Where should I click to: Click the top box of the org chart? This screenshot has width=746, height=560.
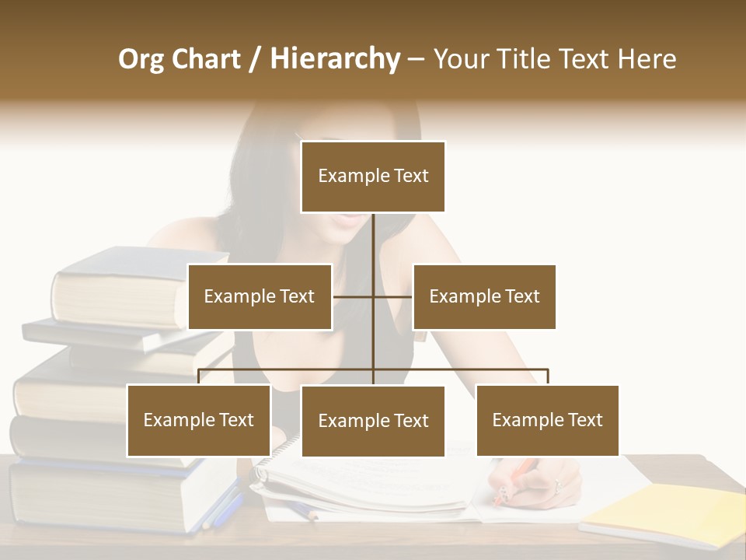373,177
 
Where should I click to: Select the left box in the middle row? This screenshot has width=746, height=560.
260,296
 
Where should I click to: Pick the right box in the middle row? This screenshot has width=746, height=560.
484,296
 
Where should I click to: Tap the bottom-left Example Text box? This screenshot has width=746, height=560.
199,420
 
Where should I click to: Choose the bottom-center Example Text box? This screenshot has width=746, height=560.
373,421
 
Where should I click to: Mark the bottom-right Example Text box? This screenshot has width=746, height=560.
547,420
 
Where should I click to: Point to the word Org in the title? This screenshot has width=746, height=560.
141,59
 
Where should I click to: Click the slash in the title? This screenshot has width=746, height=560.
256,60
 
